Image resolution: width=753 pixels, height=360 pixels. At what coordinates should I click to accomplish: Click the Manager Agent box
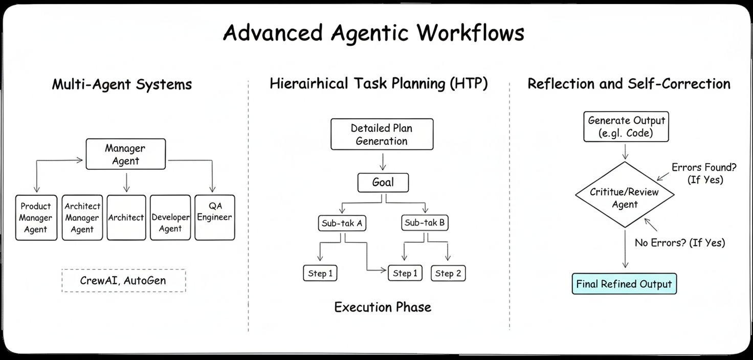tap(125, 154)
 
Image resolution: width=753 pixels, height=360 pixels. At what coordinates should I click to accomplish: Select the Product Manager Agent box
tap(36, 218)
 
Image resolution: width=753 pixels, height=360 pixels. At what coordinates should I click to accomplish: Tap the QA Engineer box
tap(215, 217)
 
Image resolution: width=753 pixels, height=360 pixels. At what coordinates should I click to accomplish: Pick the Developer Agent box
tap(170, 217)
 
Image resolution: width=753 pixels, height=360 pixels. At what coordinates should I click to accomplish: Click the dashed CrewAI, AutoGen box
tap(123, 281)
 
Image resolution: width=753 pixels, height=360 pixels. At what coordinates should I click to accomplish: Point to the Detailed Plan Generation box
tap(382, 134)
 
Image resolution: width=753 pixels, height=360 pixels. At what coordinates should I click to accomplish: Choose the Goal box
tap(383, 183)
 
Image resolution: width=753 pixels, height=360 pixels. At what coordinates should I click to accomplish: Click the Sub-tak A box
tap(343, 223)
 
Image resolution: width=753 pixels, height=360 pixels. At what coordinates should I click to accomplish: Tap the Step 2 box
tap(448, 274)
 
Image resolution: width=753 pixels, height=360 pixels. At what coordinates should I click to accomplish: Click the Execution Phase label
tap(383, 307)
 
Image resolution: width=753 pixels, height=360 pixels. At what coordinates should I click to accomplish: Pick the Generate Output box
tap(626, 127)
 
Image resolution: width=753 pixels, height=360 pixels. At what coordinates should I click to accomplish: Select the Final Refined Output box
tap(624, 284)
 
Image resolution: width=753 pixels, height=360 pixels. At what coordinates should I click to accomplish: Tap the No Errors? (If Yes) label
tap(680, 242)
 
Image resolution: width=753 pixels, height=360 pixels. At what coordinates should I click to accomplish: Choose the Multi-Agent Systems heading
tap(122, 84)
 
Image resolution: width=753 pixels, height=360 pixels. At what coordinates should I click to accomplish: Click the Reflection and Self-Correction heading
tap(629, 83)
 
